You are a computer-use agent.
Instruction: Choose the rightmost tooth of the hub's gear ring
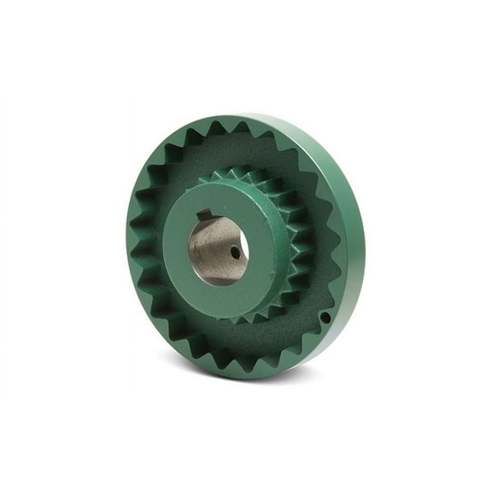click(x=301, y=248)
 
